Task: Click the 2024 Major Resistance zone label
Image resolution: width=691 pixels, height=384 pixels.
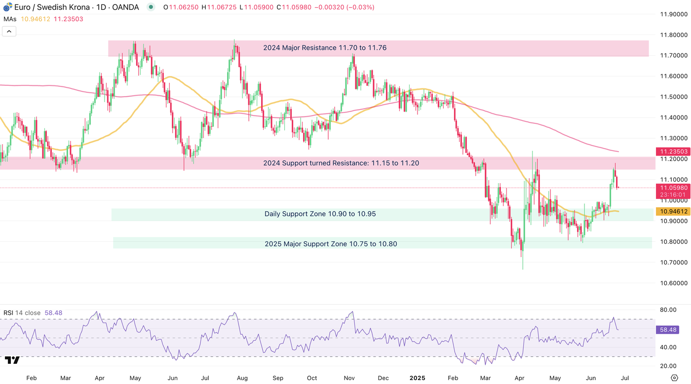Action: pyautogui.click(x=324, y=48)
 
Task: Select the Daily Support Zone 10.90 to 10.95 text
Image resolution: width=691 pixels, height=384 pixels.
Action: pyautogui.click(x=320, y=214)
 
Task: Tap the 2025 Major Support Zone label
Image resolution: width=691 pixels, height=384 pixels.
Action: pyautogui.click(x=331, y=244)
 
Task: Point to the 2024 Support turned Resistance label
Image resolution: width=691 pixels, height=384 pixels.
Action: pyautogui.click(x=341, y=163)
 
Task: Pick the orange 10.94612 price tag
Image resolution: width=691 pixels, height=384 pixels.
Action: pyautogui.click(x=672, y=212)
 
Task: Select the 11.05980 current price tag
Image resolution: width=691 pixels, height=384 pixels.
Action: pyautogui.click(x=672, y=188)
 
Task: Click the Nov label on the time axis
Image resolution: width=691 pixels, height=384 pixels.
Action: pyautogui.click(x=349, y=378)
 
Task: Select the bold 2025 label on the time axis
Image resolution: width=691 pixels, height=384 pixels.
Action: pyautogui.click(x=417, y=378)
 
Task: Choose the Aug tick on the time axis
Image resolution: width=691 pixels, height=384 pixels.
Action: pyautogui.click(x=242, y=378)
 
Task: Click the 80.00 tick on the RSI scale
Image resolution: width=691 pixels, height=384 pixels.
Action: pyautogui.click(x=667, y=310)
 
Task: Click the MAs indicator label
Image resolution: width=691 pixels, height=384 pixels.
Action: pyautogui.click(x=10, y=19)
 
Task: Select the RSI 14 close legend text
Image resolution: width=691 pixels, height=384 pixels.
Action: pyautogui.click(x=22, y=313)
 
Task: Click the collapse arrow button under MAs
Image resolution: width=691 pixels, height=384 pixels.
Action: pyautogui.click(x=9, y=31)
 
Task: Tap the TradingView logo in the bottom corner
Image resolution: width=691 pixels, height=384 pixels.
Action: pyautogui.click(x=12, y=360)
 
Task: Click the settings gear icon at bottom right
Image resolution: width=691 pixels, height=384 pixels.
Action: pyautogui.click(x=674, y=378)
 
